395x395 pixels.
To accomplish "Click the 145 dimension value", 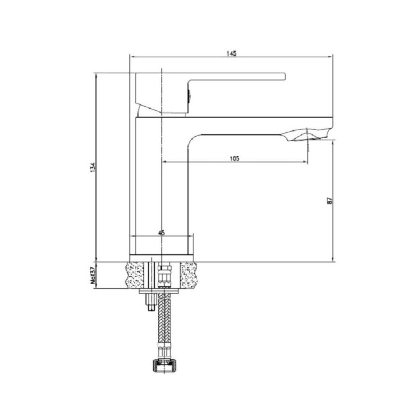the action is (231, 53).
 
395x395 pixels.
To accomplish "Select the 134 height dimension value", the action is (93, 167).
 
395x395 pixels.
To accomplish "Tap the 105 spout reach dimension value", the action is (235, 158).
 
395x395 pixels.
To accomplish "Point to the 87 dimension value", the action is (329, 201).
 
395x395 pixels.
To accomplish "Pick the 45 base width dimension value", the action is (162, 233).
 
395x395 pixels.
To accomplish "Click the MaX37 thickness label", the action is (93, 276).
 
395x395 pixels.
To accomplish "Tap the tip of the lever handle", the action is (285, 77).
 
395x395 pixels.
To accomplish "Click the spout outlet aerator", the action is (308, 135).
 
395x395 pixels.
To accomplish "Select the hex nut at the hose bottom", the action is (164, 366).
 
